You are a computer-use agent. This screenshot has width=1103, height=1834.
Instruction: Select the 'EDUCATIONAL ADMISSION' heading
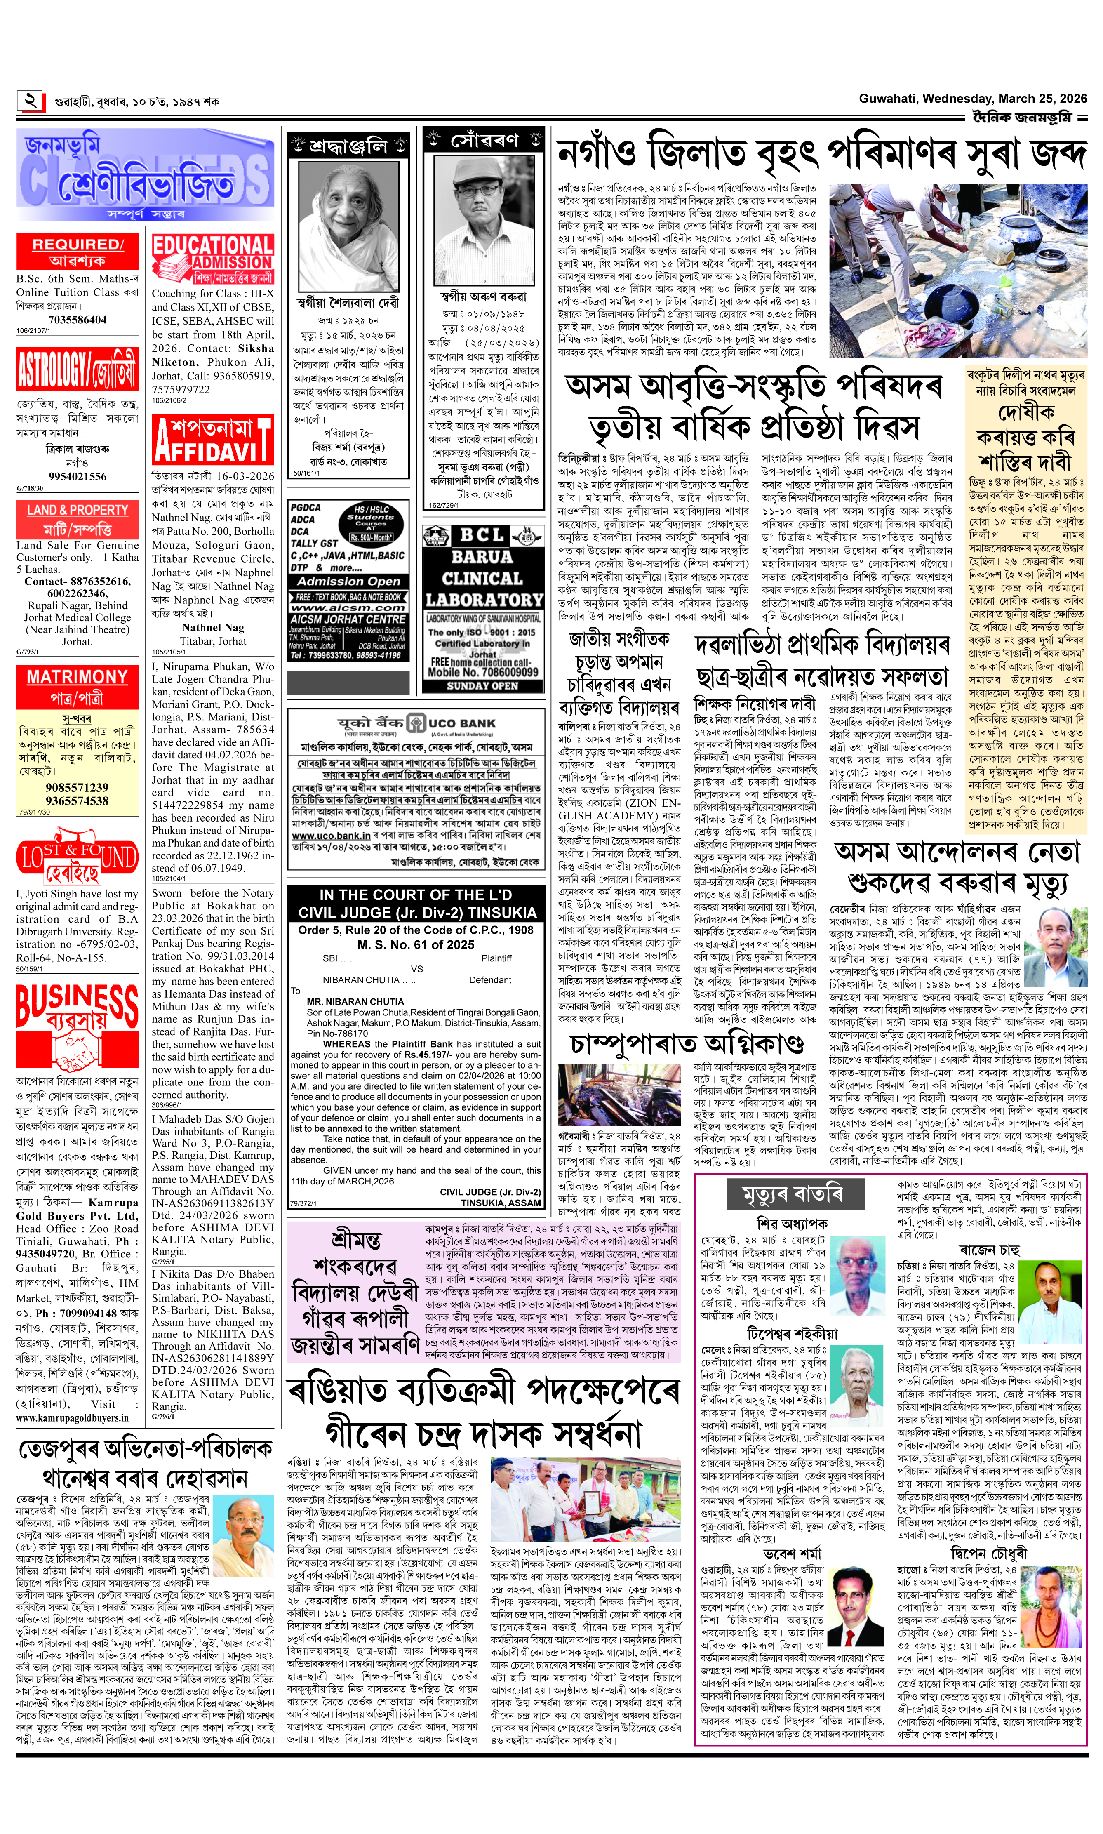tap(213, 253)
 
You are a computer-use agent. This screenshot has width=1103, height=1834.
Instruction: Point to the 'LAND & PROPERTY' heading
tap(77, 510)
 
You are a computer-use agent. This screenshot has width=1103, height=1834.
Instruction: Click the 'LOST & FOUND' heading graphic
tap(77, 861)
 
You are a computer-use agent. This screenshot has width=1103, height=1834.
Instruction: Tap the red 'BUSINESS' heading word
tap(77, 1000)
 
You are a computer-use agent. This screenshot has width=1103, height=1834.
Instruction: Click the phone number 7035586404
tap(77, 320)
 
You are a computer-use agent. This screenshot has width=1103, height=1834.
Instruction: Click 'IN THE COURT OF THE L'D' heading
tap(416, 895)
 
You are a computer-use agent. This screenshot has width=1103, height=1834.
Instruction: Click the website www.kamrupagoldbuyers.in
tap(72, 1418)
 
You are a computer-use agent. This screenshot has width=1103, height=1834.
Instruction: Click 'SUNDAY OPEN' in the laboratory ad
tap(483, 685)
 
